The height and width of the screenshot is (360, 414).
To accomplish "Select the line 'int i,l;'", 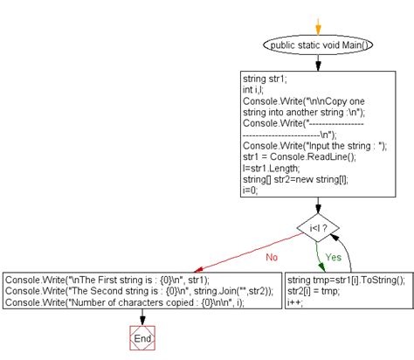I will pyautogui.click(x=257, y=89).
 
